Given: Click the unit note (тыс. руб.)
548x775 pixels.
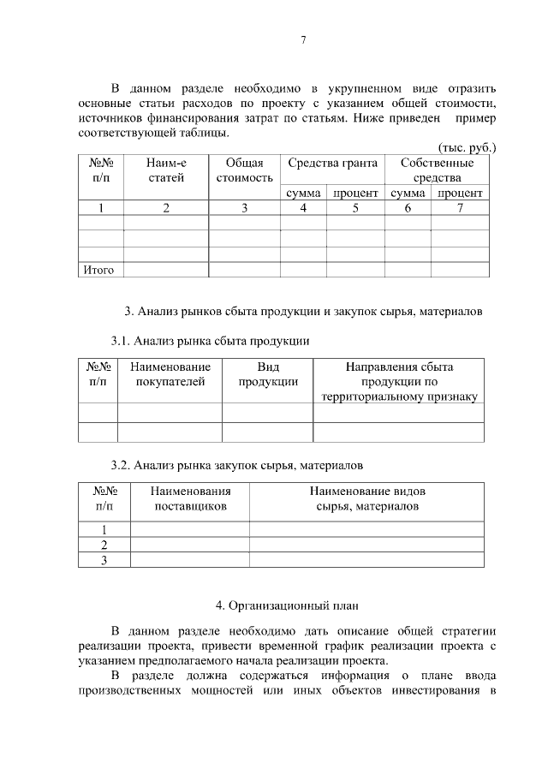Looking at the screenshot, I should pyautogui.click(x=467, y=147).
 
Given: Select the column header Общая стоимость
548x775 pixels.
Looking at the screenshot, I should pyautogui.click(x=244, y=170).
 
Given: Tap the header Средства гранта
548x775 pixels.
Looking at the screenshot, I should pyautogui.click(x=332, y=163).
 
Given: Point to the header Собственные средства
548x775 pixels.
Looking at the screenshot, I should pyautogui.click(x=437, y=170).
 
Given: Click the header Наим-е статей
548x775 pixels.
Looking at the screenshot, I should pyautogui.click(x=166, y=170).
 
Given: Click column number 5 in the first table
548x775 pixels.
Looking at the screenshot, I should pyautogui.click(x=355, y=208).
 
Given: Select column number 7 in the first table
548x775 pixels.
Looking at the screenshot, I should pyautogui.click(x=460, y=208).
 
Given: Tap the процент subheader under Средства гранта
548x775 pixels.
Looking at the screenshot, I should pyautogui.click(x=355, y=194).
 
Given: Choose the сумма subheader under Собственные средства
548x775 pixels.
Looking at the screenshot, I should pyautogui.click(x=408, y=194).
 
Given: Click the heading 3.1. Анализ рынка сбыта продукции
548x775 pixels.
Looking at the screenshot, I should pyautogui.click(x=210, y=341).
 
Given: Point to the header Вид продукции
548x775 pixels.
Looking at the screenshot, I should pyautogui.click(x=268, y=374).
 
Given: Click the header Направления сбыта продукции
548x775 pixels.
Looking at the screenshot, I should pyautogui.click(x=399, y=382).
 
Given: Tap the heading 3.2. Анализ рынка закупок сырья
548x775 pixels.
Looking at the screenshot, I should pyautogui.click(x=236, y=466).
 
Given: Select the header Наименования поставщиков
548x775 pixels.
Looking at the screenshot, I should pyautogui.click(x=190, y=499).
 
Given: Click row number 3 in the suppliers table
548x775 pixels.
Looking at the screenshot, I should pyautogui.click(x=104, y=560).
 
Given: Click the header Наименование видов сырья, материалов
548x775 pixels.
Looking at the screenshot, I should pyautogui.click(x=367, y=499).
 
